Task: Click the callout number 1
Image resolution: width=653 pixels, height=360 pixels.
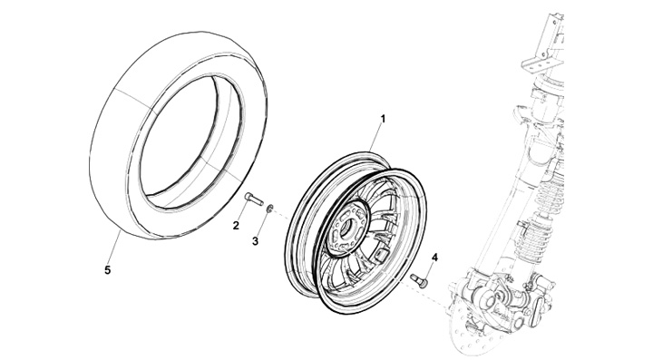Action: click(x=383, y=120)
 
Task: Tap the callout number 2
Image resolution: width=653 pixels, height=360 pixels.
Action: click(x=236, y=226)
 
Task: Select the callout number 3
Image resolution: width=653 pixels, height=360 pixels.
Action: click(x=255, y=241)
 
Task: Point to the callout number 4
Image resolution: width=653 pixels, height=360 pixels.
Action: click(x=434, y=258)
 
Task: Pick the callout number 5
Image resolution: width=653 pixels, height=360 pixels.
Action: click(x=107, y=270)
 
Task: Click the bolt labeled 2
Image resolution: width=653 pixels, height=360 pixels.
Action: click(x=254, y=198)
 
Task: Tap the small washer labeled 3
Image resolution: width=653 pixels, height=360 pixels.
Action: click(x=270, y=208)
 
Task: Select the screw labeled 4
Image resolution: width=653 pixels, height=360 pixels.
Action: click(x=418, y=280)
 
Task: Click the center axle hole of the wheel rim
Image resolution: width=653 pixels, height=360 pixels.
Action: click(x=346, y=228)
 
